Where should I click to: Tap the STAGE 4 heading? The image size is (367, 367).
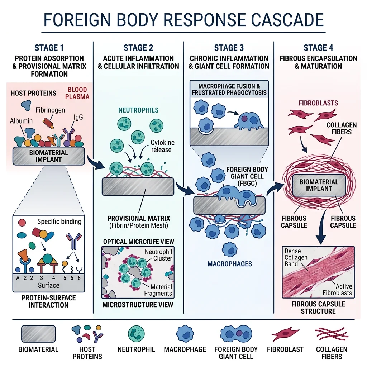[318, 48]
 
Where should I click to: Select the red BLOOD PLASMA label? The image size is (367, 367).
[77, 93]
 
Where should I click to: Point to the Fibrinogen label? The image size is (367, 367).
[50, 110]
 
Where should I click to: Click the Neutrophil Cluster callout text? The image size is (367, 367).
[158, 255]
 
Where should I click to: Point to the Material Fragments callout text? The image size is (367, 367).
[158, 290]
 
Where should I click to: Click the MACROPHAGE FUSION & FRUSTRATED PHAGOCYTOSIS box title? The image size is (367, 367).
[229, 89]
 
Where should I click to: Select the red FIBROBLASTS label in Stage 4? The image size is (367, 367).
[318, 103]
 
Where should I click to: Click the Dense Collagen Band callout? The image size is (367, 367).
[296, 257]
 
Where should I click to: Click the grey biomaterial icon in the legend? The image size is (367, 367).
[38, 334]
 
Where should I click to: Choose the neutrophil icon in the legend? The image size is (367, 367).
[136, 333]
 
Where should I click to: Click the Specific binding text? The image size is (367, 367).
[59, 221]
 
